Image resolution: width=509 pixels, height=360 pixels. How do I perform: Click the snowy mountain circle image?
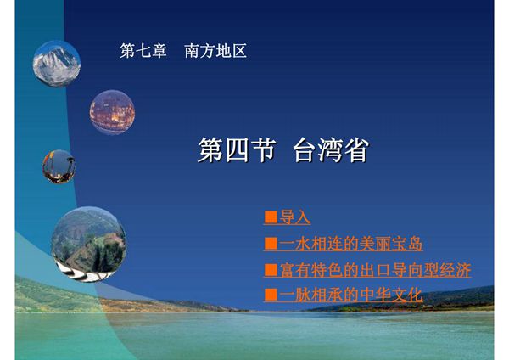click(56, 63)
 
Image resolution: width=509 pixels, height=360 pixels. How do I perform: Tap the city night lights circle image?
click(112, 111)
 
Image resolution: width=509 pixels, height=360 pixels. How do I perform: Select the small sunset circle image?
click(59, 166)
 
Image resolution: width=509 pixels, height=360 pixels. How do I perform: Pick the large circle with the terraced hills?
click(87, 239)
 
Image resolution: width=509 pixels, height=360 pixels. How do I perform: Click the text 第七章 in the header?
click(143, 51)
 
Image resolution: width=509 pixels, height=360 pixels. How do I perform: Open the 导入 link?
click(295, 218)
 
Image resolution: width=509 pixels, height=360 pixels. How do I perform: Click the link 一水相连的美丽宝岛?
click(350, 245)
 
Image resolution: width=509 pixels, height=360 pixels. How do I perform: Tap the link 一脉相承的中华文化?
click(350, 295)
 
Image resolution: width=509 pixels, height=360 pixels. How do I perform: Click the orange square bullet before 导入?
click(271, 218)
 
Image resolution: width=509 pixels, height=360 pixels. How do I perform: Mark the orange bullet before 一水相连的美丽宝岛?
click(271, 245)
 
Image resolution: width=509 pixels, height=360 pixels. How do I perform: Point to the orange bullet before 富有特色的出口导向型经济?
click(271, 270)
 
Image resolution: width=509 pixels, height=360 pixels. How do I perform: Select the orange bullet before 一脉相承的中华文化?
click(271, 295)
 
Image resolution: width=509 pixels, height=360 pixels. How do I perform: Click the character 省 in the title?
click(355, 150)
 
